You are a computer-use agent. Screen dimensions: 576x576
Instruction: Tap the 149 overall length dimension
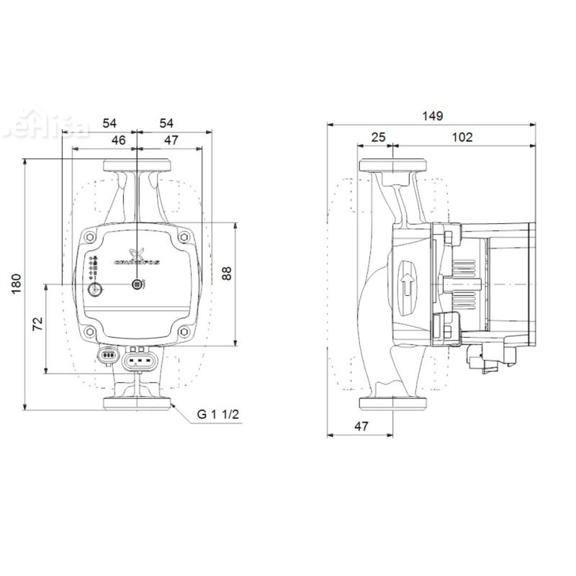point(433,116)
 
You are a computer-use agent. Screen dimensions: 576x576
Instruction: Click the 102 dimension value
point(462,138)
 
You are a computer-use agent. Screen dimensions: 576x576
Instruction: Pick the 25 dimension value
point(377,138)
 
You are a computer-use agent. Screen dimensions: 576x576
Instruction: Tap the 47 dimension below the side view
point(361,426)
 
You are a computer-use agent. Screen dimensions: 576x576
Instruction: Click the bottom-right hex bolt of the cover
point(185,332)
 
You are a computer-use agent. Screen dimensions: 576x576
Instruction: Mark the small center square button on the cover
point(137,285)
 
